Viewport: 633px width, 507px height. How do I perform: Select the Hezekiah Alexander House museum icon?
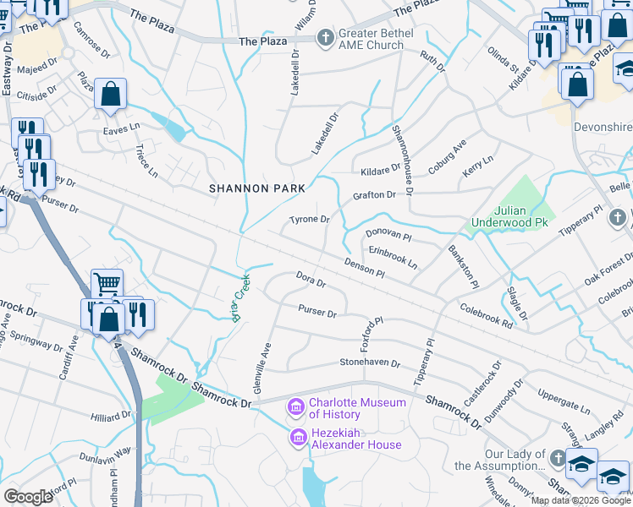point(297,438)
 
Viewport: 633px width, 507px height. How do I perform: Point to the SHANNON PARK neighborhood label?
point(250,189)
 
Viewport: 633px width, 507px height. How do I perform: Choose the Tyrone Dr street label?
point(309,220)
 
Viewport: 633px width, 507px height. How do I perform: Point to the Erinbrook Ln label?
point(392,257)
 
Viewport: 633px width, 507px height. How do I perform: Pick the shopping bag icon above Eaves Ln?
point(111,94)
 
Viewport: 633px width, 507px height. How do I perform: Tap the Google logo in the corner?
point(28,496)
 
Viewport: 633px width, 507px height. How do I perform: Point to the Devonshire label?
point(602,126)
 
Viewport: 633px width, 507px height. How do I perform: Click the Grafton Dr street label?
point(374,195)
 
